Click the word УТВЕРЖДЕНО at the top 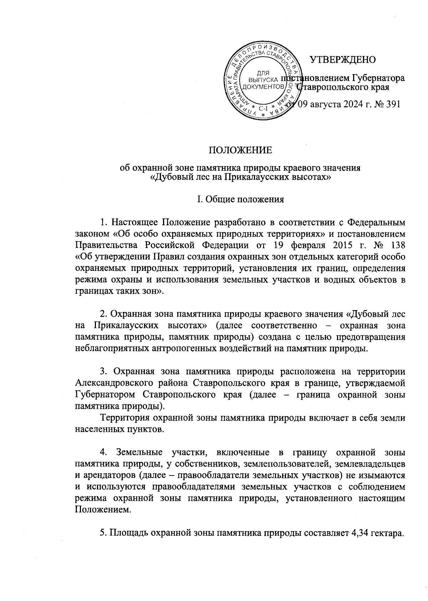coord(342,60)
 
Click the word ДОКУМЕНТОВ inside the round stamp coord(263,87)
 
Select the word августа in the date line coord(325,104)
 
